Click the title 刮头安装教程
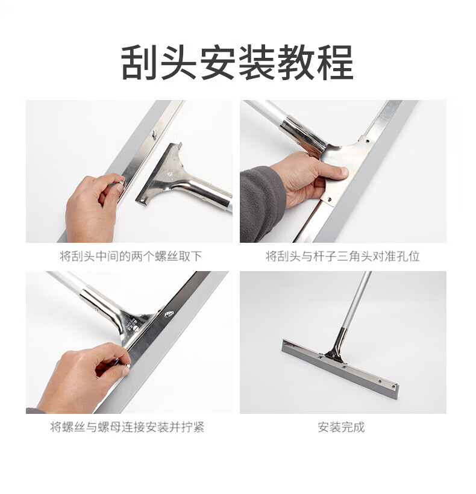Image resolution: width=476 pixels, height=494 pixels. click(x=237, y=63)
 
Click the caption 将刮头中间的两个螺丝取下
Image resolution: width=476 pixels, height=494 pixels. click(x=131, y=256)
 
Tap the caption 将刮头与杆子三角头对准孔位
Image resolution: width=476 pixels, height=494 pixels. click(x=343, y=256)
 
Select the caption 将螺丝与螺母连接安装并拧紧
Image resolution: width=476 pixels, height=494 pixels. click(x=128, y=427)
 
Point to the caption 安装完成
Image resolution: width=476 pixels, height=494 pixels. click(x=341, y=427)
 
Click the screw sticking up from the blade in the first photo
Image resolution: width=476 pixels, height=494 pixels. click(x=155, y=134)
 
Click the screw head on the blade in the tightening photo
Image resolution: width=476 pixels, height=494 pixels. click(x=169, y=313)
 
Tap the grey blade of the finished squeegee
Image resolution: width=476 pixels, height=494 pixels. click(x=340, y=369)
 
